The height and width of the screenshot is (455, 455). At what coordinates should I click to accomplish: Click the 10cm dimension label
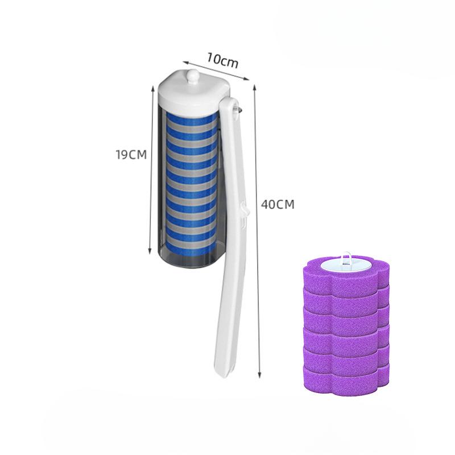[222, 61]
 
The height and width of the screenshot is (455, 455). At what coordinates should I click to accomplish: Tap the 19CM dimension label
[131, 155]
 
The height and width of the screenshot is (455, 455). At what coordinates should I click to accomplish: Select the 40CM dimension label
[278, 205]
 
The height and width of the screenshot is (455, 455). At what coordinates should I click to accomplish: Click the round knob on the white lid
[193, 77]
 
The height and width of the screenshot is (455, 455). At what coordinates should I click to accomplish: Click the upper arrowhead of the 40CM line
[254, 87]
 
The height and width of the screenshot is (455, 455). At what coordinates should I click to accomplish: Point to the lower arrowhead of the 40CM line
[260, 375]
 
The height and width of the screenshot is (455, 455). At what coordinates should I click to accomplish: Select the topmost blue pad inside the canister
[192, 116]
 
